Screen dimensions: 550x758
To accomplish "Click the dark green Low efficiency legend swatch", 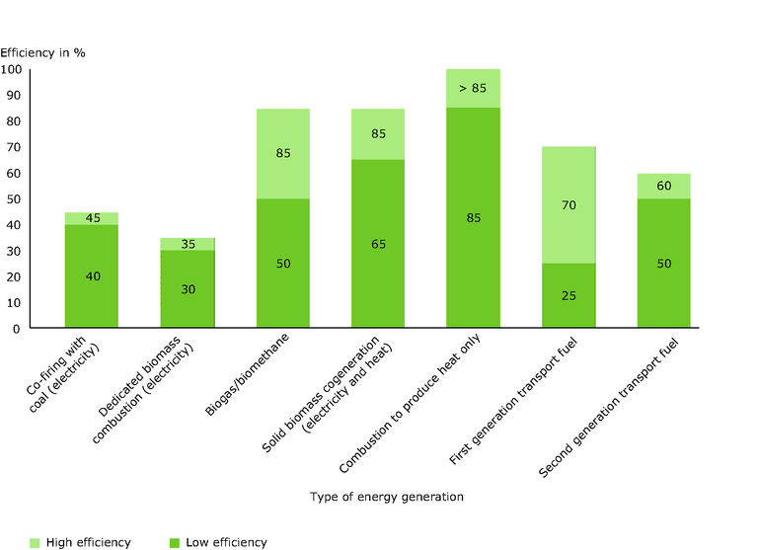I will coord(175,542).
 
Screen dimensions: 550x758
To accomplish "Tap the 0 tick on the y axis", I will coord(18,329).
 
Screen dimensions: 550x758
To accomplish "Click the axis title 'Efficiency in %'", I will coord(42,51).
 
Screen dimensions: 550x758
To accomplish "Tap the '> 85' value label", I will coord(474,88).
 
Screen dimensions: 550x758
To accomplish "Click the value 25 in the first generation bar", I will coord(568,295).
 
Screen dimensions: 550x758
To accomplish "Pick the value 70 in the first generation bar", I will coord(568,205).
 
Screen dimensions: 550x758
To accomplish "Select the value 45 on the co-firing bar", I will coord(91,219).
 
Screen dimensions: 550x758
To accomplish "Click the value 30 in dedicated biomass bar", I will coord(187,288).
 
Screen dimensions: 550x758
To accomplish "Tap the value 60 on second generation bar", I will coord(663,186).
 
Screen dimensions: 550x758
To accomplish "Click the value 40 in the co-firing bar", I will coord(91,276).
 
